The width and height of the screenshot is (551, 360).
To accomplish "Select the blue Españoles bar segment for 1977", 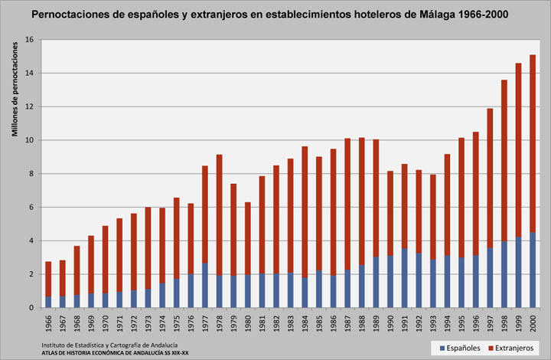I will (x=204, y=286).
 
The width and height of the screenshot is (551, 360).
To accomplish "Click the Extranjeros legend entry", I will (x=510, y=347).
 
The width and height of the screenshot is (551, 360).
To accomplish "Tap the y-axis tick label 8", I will (x=31, y=174).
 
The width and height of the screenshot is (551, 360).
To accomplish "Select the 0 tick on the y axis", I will (x=31, y=308).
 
